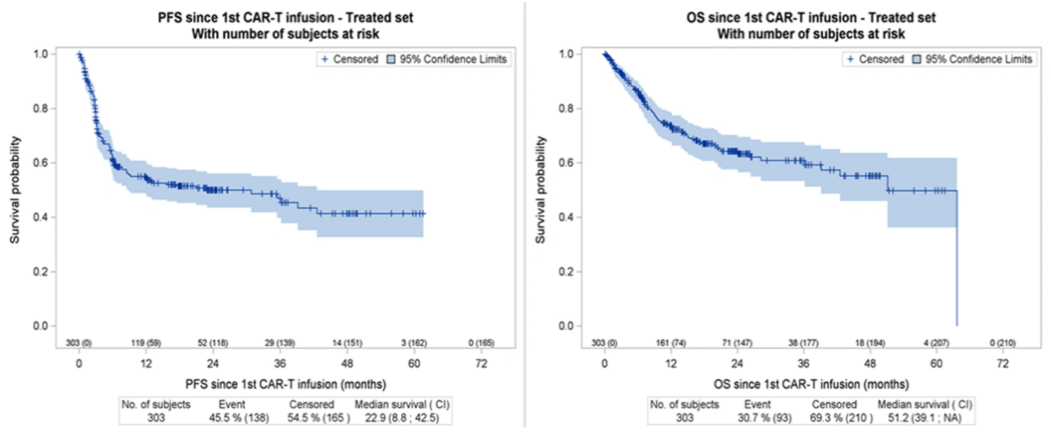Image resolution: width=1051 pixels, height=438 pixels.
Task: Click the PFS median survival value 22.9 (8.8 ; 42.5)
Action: pyautogui.click(x=402, y=418)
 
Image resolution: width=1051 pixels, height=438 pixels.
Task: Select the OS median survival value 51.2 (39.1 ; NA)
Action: pyautogui.click(x=924, y=418)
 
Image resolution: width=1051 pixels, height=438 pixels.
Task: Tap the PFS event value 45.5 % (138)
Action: pyautogui.click(x=239, y=418)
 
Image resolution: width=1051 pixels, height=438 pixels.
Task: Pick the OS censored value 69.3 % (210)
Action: pyautogui.click(x=841, y=418)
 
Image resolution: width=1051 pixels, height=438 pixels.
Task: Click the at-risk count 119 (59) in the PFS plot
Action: pyautogui.click(x=146, y=342)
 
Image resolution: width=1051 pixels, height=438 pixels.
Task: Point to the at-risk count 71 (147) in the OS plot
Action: pyautogui.click(x=737, y=342)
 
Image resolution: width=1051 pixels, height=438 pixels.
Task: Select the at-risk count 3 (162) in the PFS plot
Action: pyautogui.click(x=413, y=342)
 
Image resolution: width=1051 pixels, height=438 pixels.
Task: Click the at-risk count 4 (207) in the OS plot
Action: pyautogui.click(x=936, y=342)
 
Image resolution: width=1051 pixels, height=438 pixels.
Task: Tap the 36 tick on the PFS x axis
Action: pyautogui.click(x=280, y=364)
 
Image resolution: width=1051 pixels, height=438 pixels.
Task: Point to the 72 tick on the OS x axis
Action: pyautogui.click(x=1002, y=364)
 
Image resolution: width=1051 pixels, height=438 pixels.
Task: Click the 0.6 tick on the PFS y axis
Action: pyautogui.click(x=41, y=163)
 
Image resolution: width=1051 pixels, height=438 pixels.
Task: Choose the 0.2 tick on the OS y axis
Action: pyautogui.click(x=566, y=271)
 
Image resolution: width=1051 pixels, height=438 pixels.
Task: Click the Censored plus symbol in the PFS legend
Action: pyautogui.click(x=324, y=59)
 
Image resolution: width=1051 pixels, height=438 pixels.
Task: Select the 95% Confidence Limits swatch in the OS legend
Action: pyautogui.click(x=917, y=59)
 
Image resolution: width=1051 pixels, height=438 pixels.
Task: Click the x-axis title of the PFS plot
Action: pyautogui.click(x=286, y=385)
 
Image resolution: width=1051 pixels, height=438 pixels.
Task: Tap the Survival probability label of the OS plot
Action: pyautogui.click(x=540, y=190)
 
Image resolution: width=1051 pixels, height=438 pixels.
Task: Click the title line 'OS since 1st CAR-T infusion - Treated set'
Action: pyautogui.click(x=811, y=18)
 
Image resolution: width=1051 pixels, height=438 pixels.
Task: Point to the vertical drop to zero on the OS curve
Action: pyautogui.click(x=957, y=258)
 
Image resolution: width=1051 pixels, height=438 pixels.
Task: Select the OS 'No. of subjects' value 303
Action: pyautogui.click(x=685, y=418)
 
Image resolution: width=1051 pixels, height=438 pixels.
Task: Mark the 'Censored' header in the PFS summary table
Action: pyautogui.click(x=312, y=404)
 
